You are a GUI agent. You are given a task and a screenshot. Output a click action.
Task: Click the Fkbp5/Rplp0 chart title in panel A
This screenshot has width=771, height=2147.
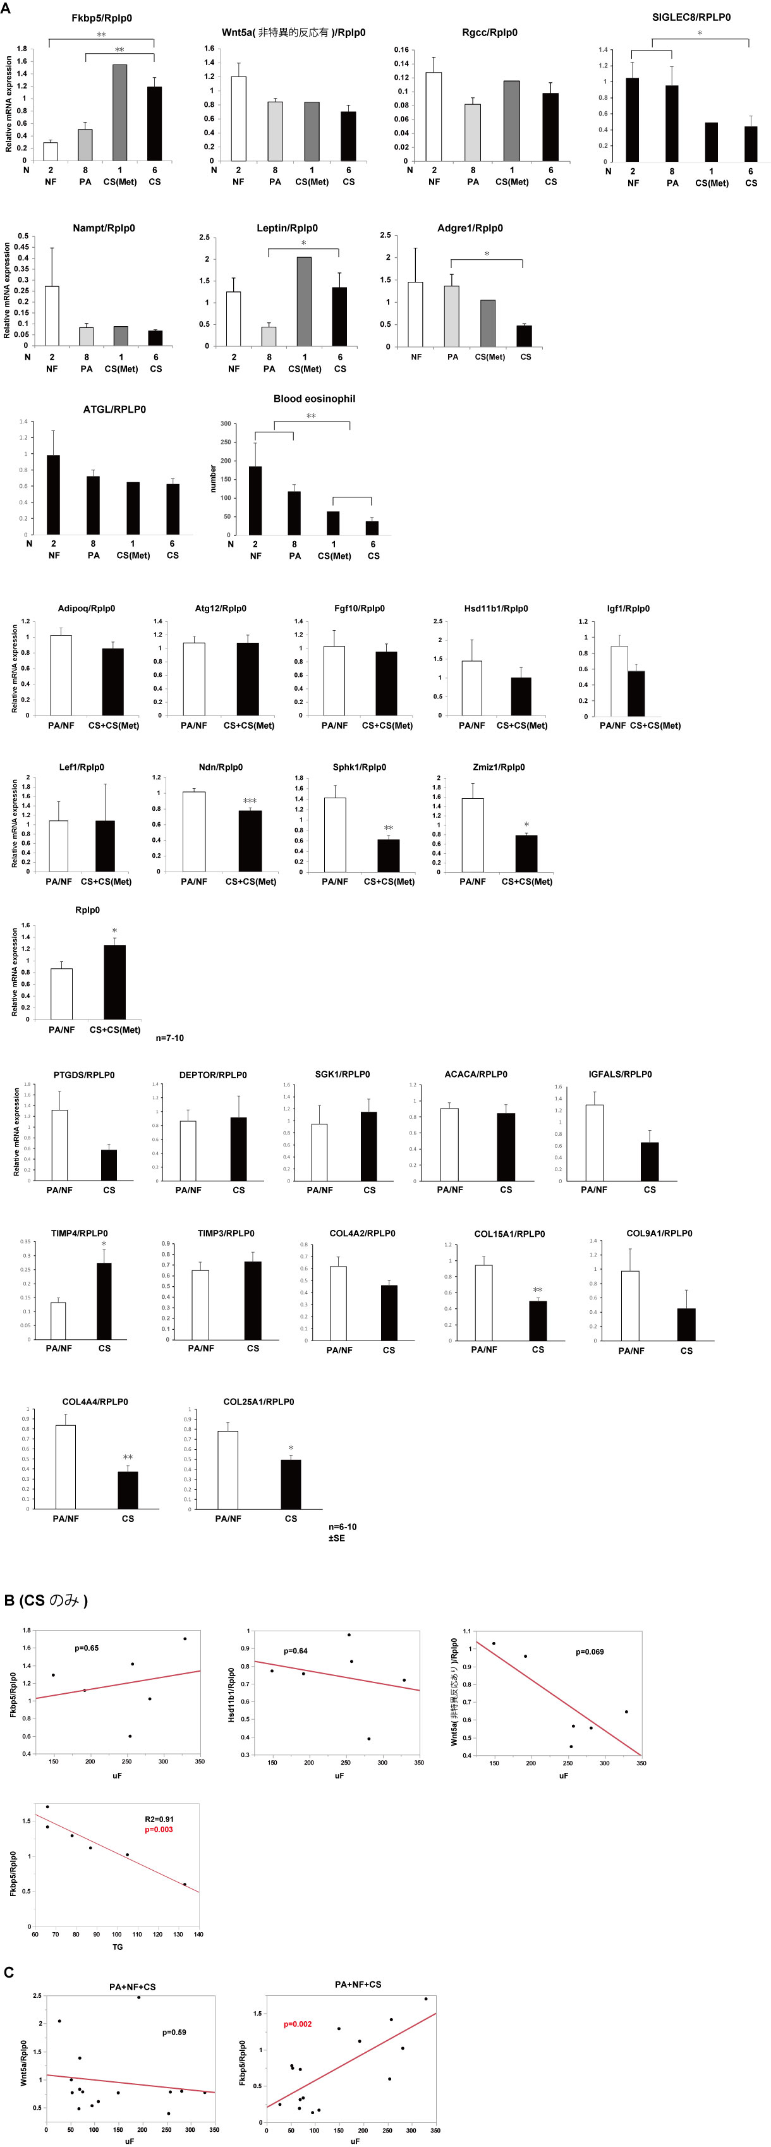(x=102, y=18)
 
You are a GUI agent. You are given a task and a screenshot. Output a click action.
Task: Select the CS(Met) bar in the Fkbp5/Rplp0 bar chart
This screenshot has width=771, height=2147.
(x=120, y=113)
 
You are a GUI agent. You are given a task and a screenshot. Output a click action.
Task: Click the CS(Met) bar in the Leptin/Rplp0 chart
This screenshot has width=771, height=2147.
(x=304, y=301)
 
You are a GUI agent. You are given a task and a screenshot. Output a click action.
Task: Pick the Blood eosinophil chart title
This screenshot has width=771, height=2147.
(x=314, y=398)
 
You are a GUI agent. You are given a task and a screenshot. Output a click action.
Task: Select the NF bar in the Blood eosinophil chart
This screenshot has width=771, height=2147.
(x=255, y=500)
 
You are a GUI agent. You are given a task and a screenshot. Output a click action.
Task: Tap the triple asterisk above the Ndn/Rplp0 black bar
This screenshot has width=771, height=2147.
(x=250, y=801)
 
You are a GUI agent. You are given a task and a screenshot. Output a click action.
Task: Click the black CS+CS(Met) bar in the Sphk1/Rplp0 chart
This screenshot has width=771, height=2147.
(x=389, y=855)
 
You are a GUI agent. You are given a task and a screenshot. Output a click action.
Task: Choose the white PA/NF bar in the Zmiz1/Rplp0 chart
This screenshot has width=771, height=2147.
(x=473, y=834)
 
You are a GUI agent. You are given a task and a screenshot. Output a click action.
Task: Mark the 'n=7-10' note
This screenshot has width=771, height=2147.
(x=170, y=1038)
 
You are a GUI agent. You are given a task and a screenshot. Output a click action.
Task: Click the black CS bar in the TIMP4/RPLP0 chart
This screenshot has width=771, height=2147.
(x=104, y=1300)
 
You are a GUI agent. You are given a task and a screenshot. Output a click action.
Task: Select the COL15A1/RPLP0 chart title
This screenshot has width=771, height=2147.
(x=509, y=1234)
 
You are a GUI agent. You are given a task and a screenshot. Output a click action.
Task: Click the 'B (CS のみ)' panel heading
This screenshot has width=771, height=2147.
(x=47, y=1600)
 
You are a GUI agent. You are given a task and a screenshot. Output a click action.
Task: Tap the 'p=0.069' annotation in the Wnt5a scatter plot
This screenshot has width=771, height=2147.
(x=589, y=1651)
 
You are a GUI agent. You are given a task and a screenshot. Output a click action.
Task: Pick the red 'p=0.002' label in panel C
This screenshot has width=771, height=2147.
(x=298, y=2024)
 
